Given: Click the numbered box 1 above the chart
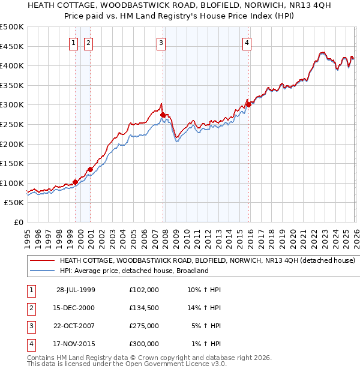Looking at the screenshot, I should [73, 43].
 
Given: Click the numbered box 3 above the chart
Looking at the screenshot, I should [161, 43].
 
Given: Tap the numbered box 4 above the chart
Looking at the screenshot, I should [247, 43].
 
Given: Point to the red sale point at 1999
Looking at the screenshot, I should [76, 182].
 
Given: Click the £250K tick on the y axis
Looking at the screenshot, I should [12, 124].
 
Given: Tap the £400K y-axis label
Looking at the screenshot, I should [12, 65].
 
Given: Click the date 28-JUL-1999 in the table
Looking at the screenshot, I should [76, 290].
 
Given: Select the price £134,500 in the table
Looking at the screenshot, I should [144, 308].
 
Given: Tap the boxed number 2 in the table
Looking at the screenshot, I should [31, 308].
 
